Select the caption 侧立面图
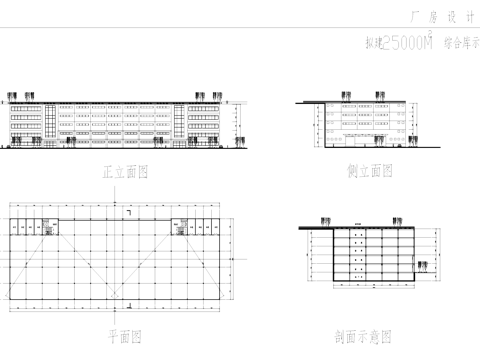[369, 171]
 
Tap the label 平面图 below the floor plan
[125, 335]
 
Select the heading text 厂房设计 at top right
[441, 17]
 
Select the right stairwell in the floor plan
[183, 227]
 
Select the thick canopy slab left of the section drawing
[317, 228]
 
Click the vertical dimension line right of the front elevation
[235, 124]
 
